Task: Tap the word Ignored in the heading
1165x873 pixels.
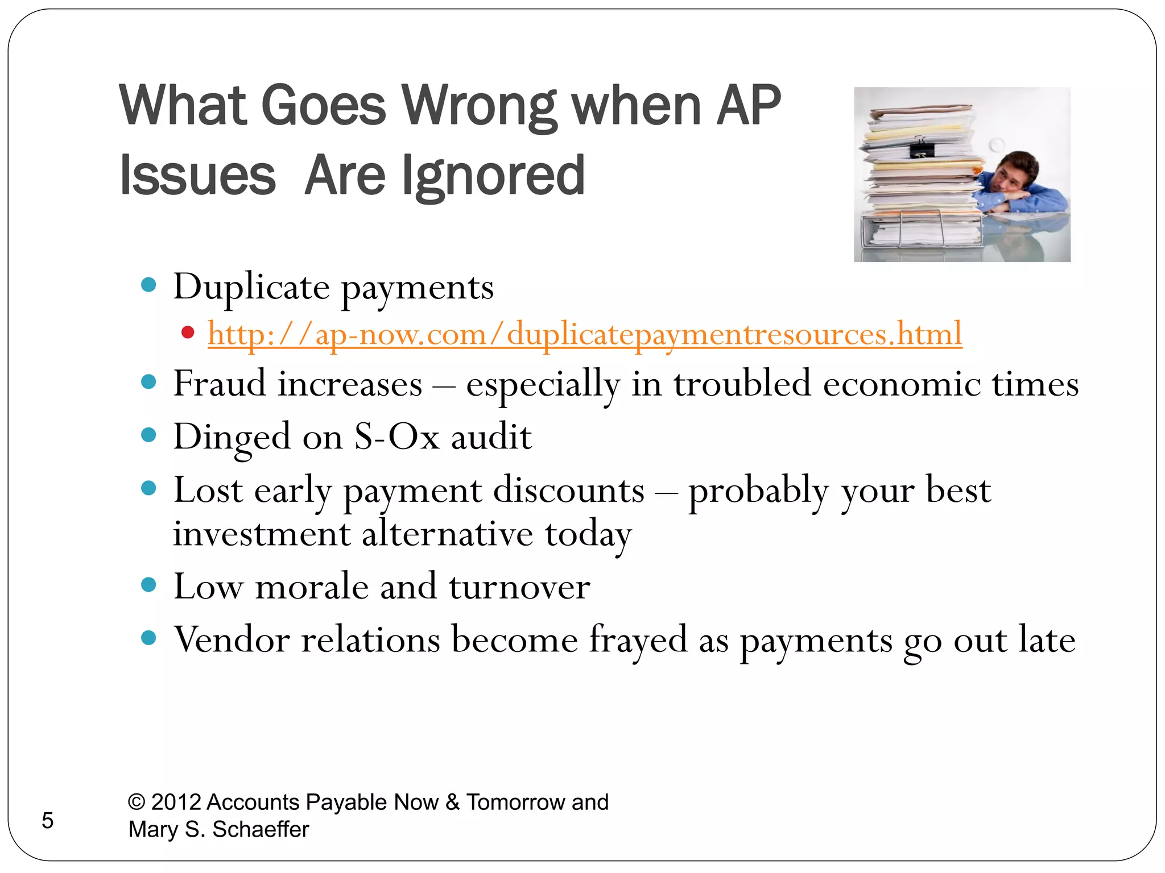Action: point(493,176)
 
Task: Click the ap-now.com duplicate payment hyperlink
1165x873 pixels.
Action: point(585,334)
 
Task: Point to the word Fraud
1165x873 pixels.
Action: point(219,383)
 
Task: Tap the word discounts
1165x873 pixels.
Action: point(568,490)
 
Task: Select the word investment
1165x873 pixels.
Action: point(262,534)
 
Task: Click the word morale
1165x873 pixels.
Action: point(312,587)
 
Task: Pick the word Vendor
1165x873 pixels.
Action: point(232,639)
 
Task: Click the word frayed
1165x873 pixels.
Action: point(638,639)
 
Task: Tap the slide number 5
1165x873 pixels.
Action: point(48,821)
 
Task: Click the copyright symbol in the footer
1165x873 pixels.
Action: point(137,802)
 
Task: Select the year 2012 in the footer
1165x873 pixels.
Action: point(176,802)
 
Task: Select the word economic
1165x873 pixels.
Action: point(902,383)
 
